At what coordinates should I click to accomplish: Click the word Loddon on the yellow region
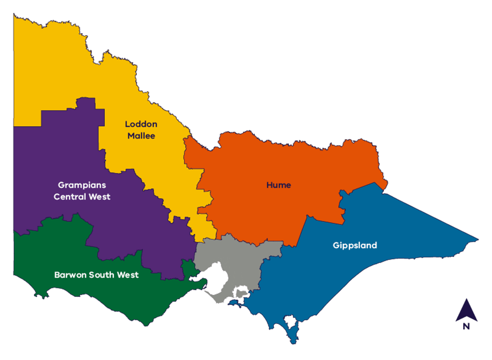coord(141,124)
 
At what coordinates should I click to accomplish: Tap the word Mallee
coord(141,136)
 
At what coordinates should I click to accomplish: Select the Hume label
coord(278,185)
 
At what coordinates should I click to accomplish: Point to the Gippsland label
coord(355,245)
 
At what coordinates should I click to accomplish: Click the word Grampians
coord(82,185)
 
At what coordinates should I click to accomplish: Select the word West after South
coord(127,275)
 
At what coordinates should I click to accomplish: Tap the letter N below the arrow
coord(466,327)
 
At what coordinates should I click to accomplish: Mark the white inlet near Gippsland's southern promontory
coord(290,322)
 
